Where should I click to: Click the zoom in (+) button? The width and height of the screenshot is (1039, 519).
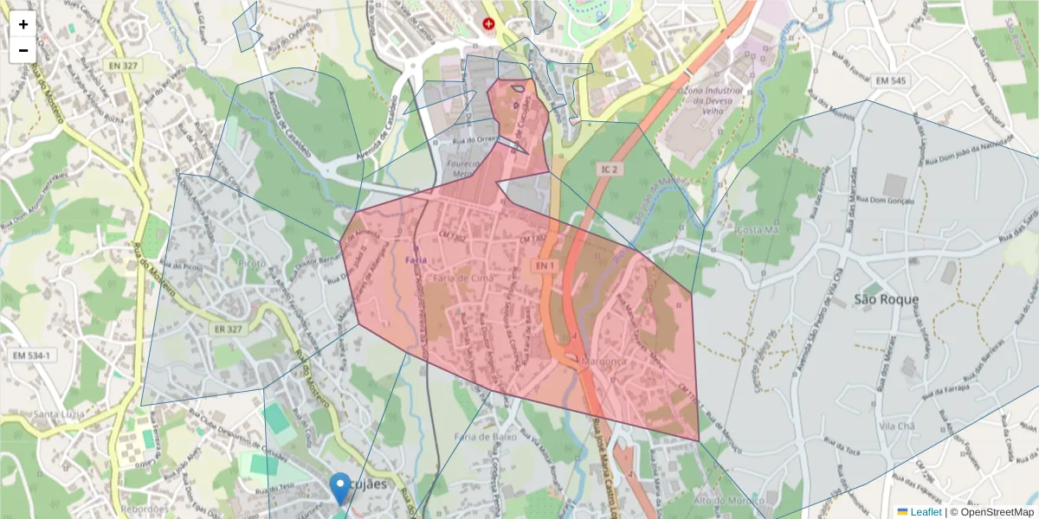(23, 24)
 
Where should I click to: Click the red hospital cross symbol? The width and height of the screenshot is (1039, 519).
(489, 24)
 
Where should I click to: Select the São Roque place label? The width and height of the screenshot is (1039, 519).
(886, 300)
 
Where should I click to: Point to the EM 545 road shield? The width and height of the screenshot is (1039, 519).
(890, 81)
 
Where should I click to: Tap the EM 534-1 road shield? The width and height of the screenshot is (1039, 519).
(32, 356)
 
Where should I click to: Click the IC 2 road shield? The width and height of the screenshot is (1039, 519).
(609, 170)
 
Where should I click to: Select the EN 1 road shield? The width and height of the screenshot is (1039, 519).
(544, 266)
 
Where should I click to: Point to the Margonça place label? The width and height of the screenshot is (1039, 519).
(604, 361)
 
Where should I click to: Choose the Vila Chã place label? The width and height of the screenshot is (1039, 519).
(898, 426)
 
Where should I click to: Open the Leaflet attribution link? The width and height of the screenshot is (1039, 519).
(926, 512)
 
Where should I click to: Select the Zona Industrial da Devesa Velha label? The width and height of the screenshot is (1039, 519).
(712, 99)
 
